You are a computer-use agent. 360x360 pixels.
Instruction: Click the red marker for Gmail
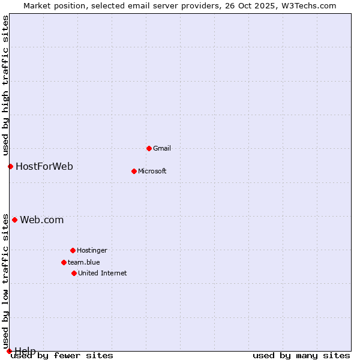(149, 148)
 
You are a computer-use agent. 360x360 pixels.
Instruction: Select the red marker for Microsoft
(134, 171)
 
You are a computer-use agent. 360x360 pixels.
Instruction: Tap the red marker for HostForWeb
(10, 166)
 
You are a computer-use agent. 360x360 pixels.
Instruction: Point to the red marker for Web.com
(14, 220)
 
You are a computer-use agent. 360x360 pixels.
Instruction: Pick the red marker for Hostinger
(73, 250)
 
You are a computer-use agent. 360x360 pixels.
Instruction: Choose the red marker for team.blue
(64, 262)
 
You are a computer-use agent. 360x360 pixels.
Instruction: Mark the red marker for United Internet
(74, 273)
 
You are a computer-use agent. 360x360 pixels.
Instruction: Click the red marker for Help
(9, 351)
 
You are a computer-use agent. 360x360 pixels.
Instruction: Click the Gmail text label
(162, 148)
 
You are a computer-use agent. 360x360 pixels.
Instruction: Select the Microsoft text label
(152, 171)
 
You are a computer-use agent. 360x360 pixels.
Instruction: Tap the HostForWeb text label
(44, 166)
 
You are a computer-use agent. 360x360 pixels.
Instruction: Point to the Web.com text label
(42, 220)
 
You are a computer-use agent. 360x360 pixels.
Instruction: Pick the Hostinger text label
(92, 250)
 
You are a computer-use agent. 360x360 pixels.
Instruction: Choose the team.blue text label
(84, 262)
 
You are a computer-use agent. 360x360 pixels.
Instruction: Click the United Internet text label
(103, 273)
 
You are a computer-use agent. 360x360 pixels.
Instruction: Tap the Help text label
(25, 350)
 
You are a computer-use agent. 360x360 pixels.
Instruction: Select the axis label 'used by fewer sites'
(62, 356)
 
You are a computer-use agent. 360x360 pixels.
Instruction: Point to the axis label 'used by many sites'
(301, 356)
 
